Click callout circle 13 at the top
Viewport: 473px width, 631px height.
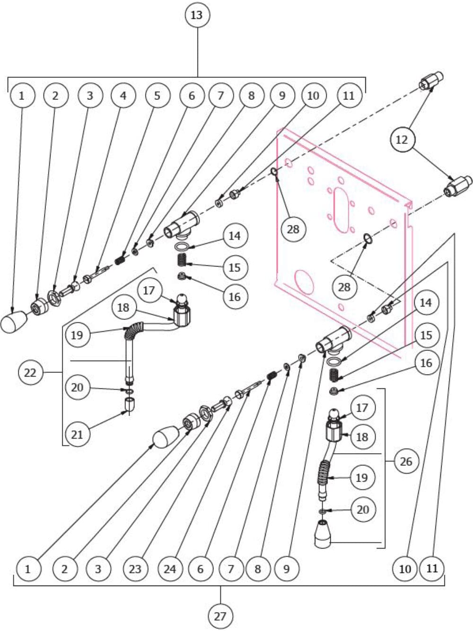point(196,15)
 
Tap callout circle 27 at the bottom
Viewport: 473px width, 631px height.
point(220,616)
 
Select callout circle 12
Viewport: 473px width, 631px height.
point(403,140)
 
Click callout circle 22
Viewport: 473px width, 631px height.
point(30,373)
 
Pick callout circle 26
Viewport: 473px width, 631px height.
point(406,461)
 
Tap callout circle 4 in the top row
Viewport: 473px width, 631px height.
point(123,95)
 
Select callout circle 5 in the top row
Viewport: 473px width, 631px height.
point(157,95)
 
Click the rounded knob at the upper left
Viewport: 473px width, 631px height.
point(13,323)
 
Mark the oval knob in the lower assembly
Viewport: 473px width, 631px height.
point(165,437)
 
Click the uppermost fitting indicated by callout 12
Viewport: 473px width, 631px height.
point(431,81)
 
